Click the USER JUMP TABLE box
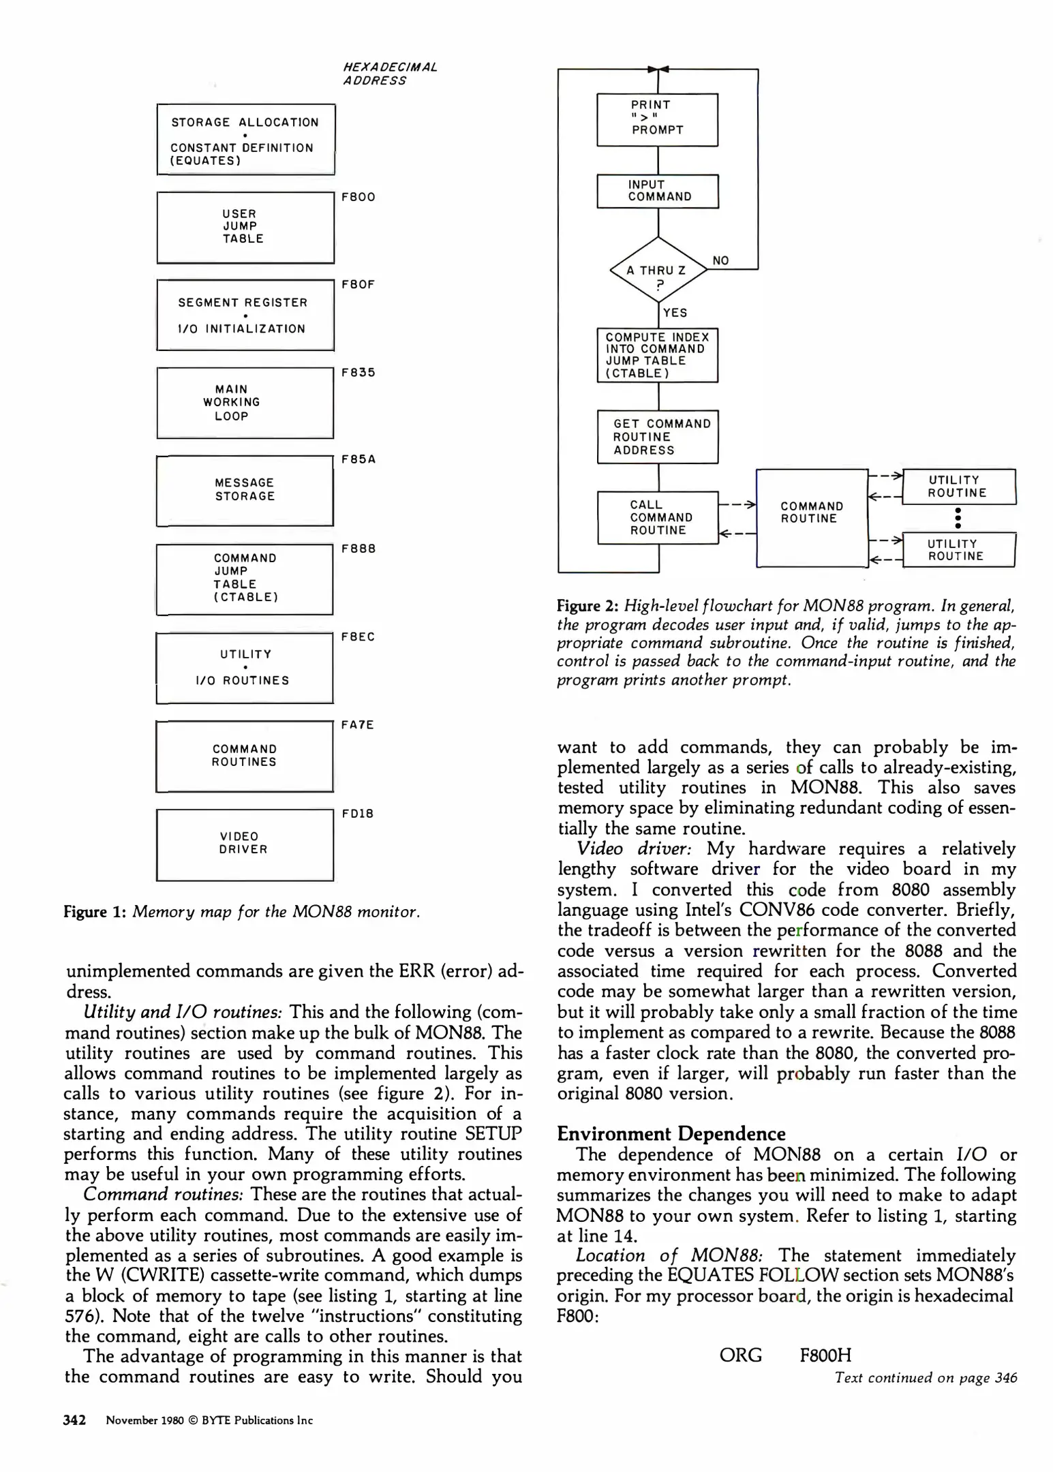245,227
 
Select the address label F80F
358,284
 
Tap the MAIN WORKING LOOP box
245,403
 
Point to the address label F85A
358,459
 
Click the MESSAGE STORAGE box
245,490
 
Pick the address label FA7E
358,724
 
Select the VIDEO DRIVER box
245,844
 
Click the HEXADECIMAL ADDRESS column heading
389,74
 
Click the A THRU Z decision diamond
658,270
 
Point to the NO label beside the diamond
720,260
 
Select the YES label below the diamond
675,313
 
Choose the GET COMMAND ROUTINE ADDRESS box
657,437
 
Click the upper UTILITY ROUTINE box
958,487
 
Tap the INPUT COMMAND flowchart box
657,191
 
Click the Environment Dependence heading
671,1133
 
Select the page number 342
74,1420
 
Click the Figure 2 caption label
587,605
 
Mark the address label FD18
357,814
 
